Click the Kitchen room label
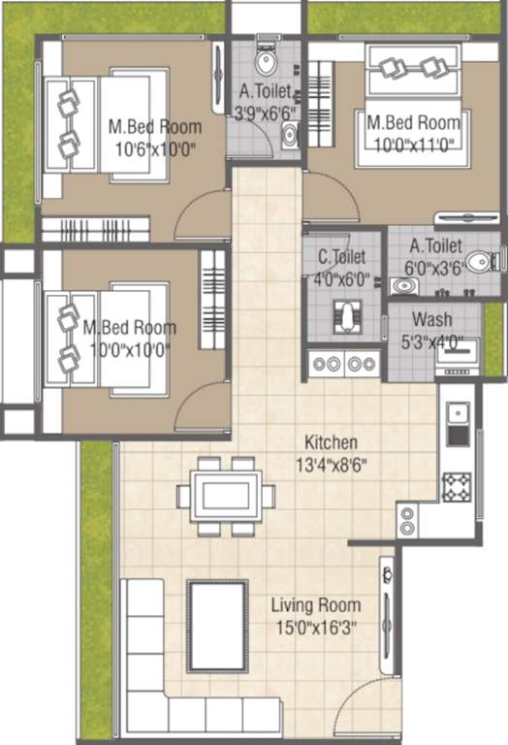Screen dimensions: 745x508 (331, 441)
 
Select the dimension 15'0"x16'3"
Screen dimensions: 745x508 (315, 627)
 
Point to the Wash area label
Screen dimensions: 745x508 (431, 320)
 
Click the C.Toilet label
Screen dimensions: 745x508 (341, 258)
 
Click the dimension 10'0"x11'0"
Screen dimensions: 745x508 (412, 143)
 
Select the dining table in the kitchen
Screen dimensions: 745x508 (226, 496)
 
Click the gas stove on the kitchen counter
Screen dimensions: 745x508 (457, 485)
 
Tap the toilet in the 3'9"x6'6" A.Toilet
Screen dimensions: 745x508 (265, 61)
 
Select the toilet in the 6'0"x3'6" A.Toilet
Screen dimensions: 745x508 (478, 263)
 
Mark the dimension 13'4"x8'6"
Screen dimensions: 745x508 (331, 464)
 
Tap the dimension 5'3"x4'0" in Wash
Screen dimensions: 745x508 (431, 341)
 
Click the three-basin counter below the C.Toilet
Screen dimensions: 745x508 (343, 364)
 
